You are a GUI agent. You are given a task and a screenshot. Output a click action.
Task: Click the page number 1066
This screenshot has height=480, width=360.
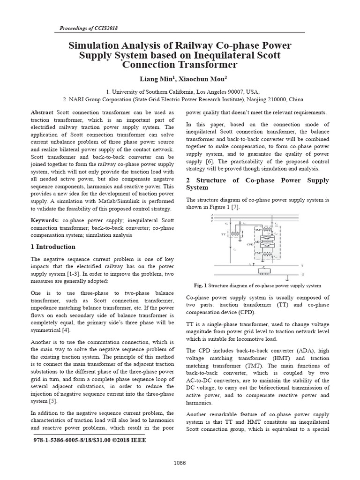(x=180, y=463)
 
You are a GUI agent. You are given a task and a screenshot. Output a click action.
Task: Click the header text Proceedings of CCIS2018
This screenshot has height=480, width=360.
(x=89, y=28)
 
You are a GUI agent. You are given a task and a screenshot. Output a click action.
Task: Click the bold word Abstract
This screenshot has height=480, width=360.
(x=42, y=113)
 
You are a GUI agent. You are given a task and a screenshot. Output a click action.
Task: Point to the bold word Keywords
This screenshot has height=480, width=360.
(x=45, y=220)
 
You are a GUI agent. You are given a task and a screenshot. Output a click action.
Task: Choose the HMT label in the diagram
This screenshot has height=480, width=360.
(x=258, y=230)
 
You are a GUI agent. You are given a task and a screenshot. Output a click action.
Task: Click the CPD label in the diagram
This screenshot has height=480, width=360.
(x=250, y=244)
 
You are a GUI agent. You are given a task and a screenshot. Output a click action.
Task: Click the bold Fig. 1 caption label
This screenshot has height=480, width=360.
(x=200, y=285)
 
